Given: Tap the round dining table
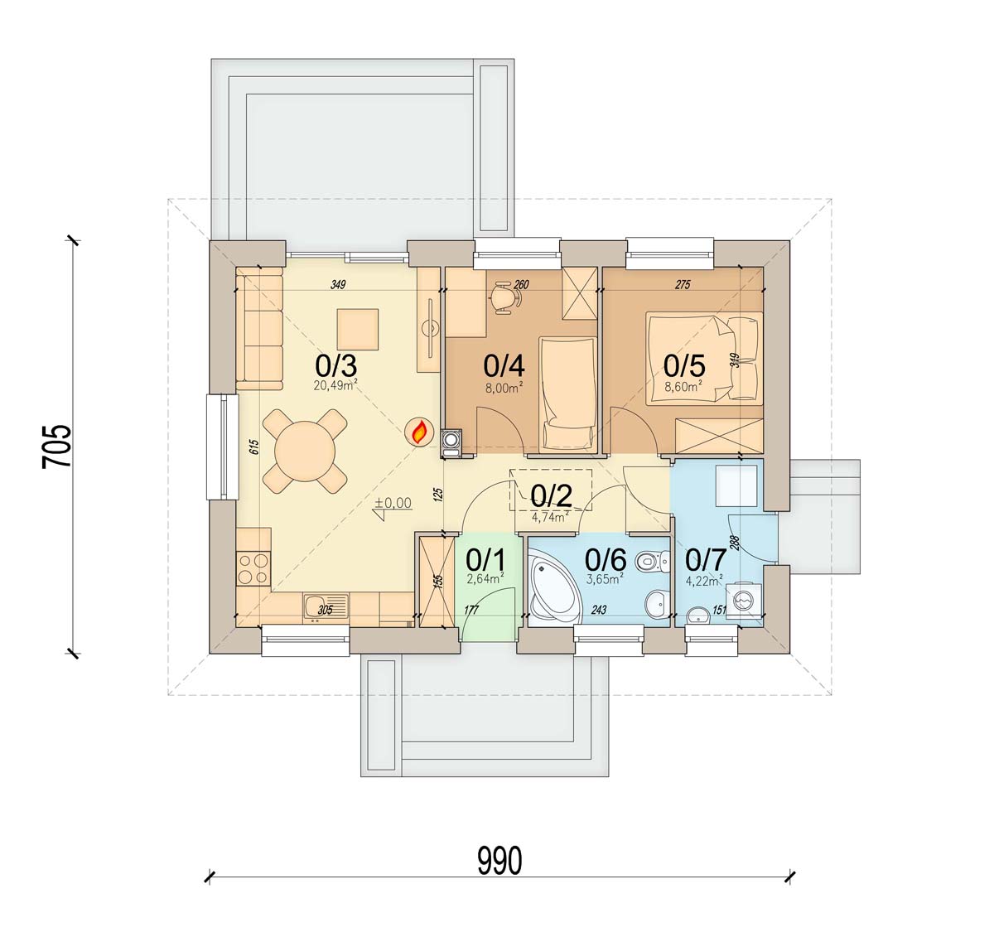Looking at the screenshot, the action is pos(305,452).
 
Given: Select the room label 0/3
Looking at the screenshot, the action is pos(335,367).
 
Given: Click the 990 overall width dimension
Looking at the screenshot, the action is pos(499,861).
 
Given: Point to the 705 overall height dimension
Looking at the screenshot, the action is pos(56,447).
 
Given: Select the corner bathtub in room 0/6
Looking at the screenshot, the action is pos(551,591).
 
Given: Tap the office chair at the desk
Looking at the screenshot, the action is pos(504,297).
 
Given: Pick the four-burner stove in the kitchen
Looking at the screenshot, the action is pos(253,569).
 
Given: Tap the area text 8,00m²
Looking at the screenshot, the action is pos(504,388).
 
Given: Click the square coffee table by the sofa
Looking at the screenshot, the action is pos(357,329).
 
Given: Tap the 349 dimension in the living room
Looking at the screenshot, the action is pos(338,284).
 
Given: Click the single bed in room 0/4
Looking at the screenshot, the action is pos(567,393).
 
